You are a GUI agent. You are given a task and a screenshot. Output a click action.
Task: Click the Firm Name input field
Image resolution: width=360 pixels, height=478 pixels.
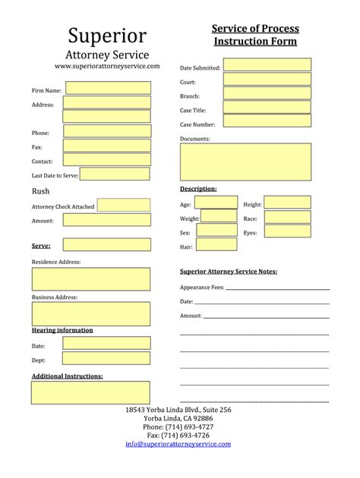107,88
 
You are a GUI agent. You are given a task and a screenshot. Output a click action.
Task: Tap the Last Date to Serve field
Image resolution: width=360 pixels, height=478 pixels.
115,174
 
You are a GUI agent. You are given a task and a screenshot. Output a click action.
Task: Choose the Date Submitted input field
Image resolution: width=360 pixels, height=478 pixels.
267,65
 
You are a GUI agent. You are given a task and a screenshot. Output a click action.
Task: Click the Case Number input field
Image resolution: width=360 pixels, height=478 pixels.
267,121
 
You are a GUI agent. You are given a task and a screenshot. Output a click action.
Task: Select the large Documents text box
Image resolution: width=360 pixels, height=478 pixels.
245,162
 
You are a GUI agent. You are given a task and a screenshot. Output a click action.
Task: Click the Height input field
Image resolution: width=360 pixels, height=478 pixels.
287,203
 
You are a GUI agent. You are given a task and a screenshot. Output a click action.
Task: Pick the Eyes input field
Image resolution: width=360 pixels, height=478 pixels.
287,231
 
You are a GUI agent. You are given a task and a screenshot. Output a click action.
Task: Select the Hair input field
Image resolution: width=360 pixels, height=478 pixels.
205,245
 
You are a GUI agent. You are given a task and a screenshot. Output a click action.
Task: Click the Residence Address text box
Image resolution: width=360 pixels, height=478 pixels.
90,279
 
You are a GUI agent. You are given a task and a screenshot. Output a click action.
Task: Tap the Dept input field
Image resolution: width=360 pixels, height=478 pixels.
106,360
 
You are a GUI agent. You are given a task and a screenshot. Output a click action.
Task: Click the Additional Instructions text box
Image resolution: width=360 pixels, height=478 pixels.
90,392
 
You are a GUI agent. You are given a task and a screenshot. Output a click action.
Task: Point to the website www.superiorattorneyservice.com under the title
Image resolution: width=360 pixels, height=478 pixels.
107,67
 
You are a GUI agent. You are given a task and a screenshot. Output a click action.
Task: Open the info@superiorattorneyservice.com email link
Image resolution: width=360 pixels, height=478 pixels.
178,444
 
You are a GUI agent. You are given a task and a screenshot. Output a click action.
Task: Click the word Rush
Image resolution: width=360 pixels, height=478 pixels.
40,191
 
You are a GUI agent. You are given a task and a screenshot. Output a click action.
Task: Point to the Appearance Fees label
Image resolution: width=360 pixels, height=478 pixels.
202,288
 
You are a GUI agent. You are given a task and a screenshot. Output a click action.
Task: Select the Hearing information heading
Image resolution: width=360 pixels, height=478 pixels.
62,330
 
